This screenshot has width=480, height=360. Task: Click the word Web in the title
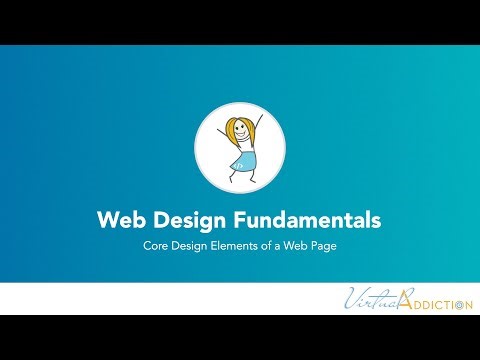click(x=118, y=218)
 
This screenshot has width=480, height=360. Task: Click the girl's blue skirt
click(x=242, y=159)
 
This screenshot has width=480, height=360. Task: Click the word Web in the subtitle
click(x=289, y=245)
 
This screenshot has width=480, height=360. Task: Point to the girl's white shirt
click(x=241, y=145)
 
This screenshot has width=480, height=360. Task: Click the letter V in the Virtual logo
click(x=353, y=298)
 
